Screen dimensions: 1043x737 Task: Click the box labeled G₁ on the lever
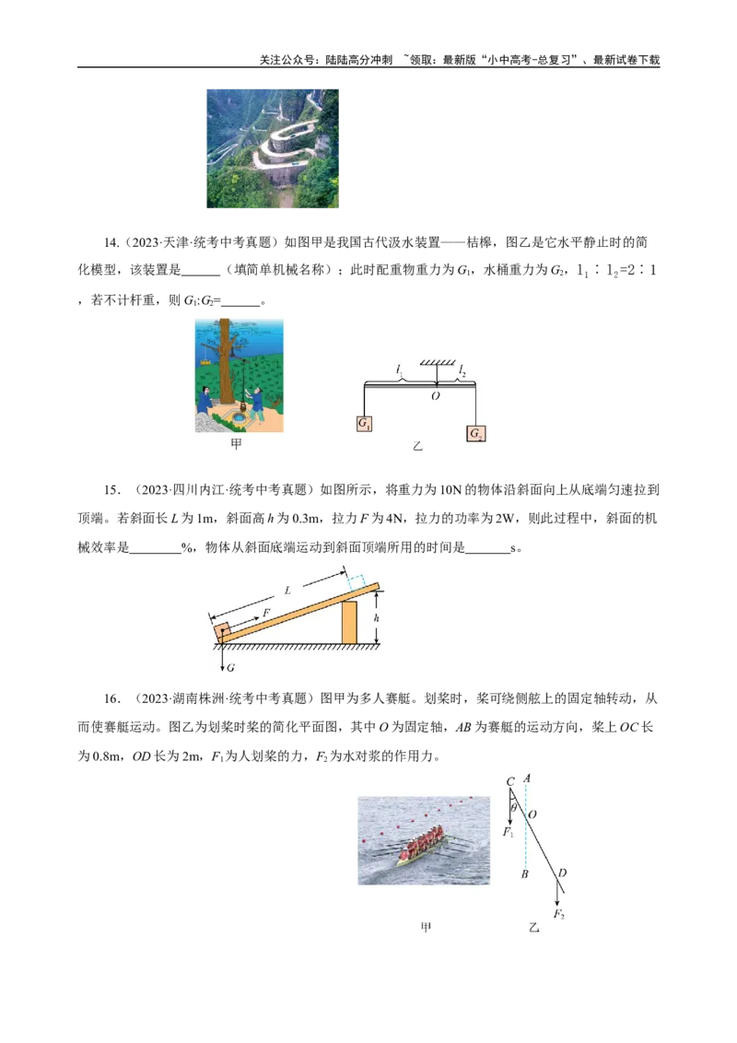[x=364, y=425]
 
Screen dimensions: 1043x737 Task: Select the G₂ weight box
[x=476, y=433]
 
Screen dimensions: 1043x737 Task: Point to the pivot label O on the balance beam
[x=436, y=395]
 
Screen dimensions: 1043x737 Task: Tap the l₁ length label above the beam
[x=399, y=369]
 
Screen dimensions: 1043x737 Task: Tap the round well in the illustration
[x=240, y=419]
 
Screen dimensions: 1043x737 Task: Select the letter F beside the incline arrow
[x=266, y=612]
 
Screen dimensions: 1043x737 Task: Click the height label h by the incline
[x=376, y=618]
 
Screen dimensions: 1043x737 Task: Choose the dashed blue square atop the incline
[x=357, y=580]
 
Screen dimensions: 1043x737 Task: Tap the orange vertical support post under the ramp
[x=349, y=622]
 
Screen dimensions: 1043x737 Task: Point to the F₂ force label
[x=558, y=914]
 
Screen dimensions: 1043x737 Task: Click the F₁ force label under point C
[x=508, y=832]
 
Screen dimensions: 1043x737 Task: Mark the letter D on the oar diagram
[x=562, y=873]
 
